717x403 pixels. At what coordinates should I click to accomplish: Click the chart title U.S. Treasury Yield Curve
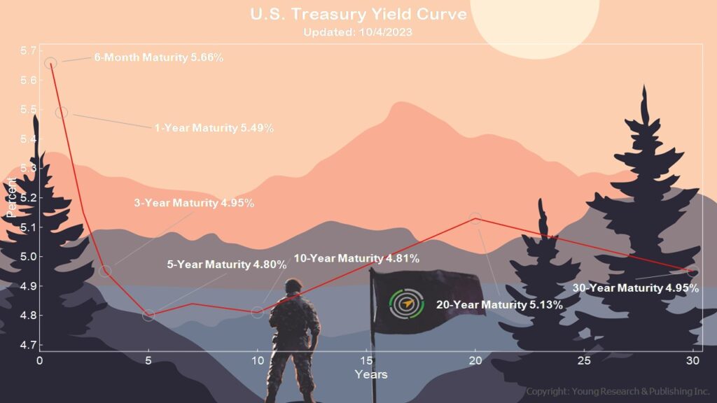coord(358,14)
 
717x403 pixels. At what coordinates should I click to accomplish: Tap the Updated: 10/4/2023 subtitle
coord(358,32)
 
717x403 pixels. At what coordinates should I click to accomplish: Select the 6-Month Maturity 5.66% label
coord(159,57)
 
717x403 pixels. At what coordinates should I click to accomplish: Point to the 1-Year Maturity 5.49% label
coord(214,128)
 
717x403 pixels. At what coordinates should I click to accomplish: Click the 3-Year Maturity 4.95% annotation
coord(194,203)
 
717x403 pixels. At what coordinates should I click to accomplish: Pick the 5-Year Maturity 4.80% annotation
coord(227,264)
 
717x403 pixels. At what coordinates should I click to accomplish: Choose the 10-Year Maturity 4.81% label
coord(356,258)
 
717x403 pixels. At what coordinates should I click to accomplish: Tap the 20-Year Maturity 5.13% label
coord(499,305)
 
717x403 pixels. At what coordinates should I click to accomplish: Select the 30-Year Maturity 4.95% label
coord(636,288)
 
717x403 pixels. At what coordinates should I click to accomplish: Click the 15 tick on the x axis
coord(366,360)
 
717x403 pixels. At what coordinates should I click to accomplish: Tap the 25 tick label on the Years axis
coord(584,360)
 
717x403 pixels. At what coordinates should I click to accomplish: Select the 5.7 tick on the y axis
coord(28,50)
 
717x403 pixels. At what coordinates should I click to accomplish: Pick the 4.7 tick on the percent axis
coord(28,344)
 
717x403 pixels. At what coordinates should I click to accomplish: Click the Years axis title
coord(371,375)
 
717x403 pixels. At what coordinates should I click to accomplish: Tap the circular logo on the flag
coord(406,304)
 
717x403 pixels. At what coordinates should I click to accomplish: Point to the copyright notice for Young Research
coord(618,392)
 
